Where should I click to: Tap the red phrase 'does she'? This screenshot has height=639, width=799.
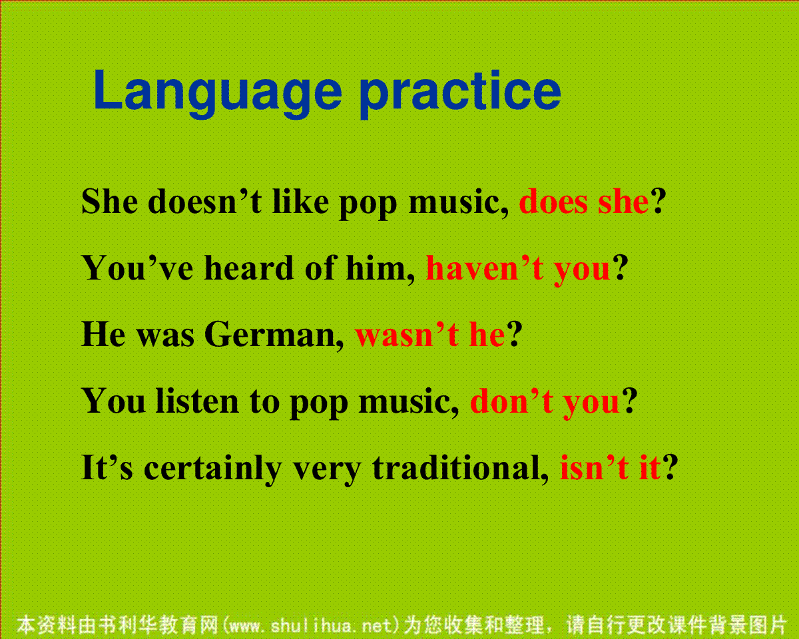click(584, 201)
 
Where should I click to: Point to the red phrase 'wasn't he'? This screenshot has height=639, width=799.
click(430, 335)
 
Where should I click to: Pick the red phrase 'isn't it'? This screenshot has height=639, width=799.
click(611, 467)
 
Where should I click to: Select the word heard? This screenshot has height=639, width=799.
click(248, 268)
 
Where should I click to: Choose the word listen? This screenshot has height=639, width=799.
click(197, 401)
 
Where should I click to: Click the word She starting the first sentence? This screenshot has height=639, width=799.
click(109, 201)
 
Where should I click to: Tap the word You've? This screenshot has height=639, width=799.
click(137, 268)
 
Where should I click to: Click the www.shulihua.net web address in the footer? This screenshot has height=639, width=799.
click(311, 626)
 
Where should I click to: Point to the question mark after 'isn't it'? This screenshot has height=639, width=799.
click(670, 467)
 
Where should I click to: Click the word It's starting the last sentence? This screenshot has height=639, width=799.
click(107, 467)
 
